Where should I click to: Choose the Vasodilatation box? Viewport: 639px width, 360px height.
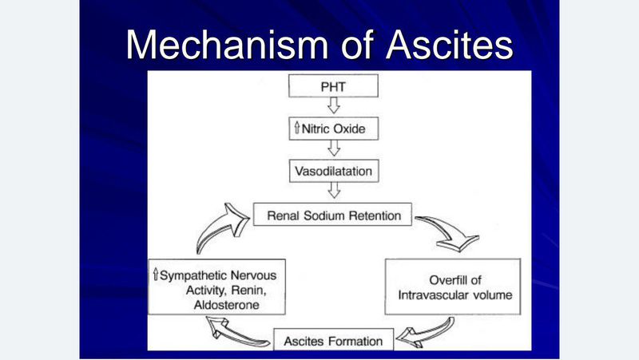[x=335, y=171]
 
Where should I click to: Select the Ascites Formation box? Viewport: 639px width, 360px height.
[x=334, y=340]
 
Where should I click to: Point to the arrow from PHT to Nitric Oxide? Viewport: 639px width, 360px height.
[x=335, y=106]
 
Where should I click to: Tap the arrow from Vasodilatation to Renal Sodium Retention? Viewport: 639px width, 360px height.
[x=335, y=192]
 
